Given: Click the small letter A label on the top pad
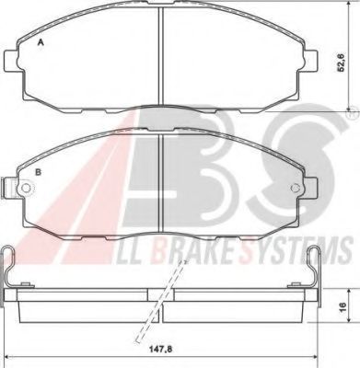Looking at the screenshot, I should point(39,43).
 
